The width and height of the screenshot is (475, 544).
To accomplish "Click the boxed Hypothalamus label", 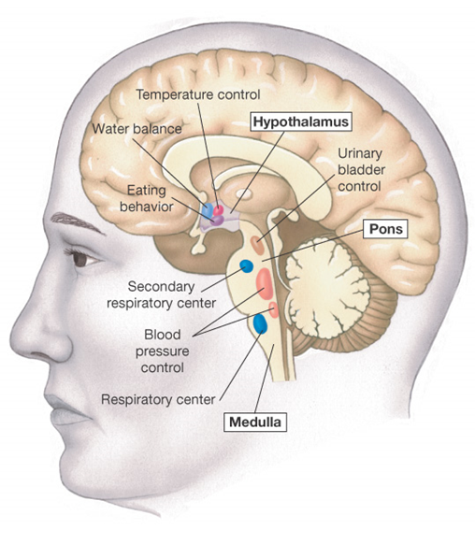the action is (x=301, y=122).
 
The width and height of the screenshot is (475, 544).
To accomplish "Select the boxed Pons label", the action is (x=385, y=229).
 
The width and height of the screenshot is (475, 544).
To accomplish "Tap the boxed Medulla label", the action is (x=255, y=422).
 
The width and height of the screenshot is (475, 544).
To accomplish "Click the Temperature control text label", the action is (x=198, y=94).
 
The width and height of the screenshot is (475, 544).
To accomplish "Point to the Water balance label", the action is (x=137, y=129).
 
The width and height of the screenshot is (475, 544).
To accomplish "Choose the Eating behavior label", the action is (x=147, y=198).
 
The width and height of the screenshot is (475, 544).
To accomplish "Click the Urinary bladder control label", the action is (x=362, y=170).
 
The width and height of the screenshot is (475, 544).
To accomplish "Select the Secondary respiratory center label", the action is (x=162, y=294).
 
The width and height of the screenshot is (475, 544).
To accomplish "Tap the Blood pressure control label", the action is (x=163, y=351).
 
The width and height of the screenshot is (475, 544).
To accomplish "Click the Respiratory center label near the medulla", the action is (x=158, y=400).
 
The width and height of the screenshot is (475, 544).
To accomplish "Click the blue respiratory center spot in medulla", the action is (x=260, y=323).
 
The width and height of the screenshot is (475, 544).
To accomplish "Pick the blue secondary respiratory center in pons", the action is (x=246, y=266).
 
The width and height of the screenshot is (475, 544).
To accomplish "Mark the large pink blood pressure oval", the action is (x=265, y=283).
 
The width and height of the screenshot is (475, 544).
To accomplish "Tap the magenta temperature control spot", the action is (x=219, y=209).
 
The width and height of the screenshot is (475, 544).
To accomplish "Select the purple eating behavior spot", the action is (x=217, y=221).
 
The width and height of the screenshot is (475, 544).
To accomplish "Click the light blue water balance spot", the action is (x=208, y=210).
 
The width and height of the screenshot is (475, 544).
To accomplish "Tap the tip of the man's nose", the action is (x=13, y=338).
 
